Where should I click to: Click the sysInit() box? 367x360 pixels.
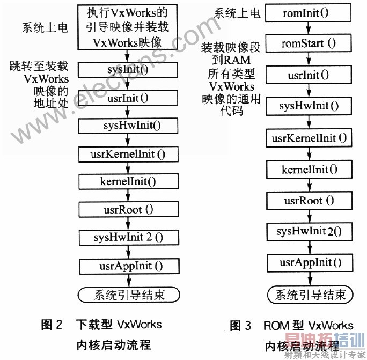click(128, 69)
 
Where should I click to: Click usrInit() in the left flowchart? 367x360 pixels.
click(128, 98)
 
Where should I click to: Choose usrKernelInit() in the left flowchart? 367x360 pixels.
click(128, 155)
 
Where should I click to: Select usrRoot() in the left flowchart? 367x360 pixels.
click(128, 209)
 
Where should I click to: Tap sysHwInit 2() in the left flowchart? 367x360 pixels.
click(128, 237)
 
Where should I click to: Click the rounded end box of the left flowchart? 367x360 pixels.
click(128, 295)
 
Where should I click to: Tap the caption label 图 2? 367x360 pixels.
click(52, 324)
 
